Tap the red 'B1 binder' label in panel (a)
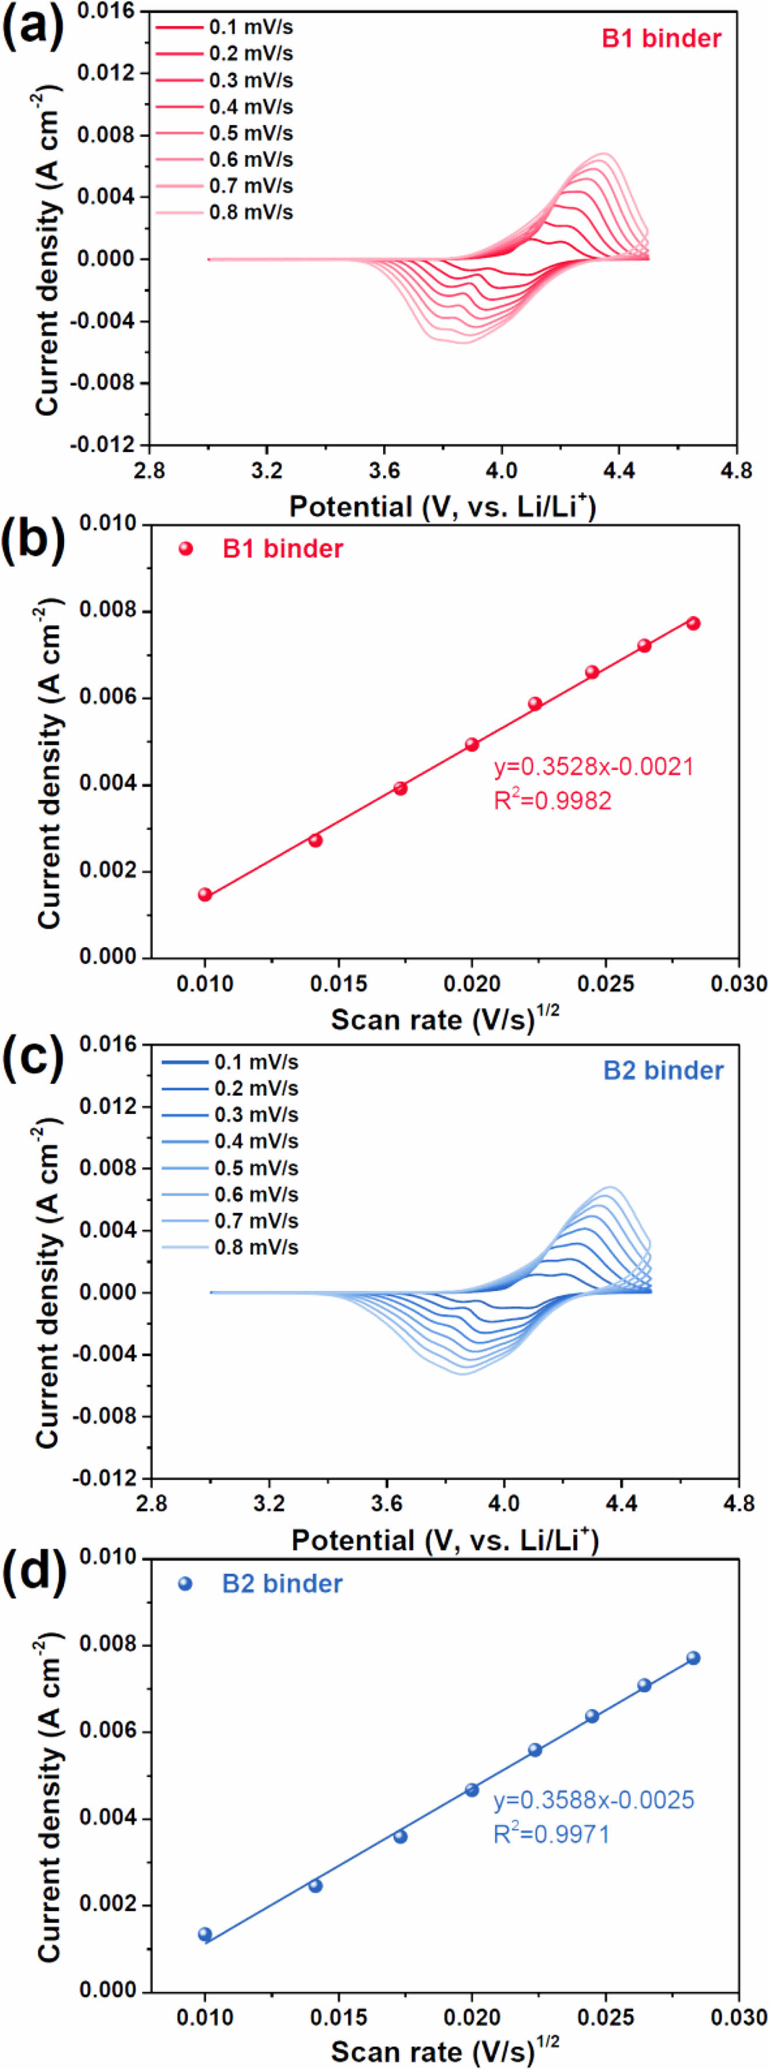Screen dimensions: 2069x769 pyautogui.click(x=662, y=38)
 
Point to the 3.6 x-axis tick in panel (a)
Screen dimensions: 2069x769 pyautogui.click(x=385, y=470)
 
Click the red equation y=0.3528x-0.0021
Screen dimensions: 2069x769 pyautogui.click(x=593, y=766)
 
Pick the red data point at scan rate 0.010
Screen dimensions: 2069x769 pyautogui.click(x=205, y=895)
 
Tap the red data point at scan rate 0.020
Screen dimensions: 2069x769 pyautogui.click(x=472, y=745)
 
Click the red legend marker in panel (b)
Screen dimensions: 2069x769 pyautogui.click(x=186, y=549)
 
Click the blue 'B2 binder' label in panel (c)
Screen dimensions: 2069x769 pyautogui.click(x=663, y=1071)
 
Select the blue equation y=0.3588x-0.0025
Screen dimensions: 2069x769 pyautogui.click(x=593, y=1800)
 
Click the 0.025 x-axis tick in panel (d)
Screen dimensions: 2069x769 pyautogui.click(x=605, y=2017)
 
